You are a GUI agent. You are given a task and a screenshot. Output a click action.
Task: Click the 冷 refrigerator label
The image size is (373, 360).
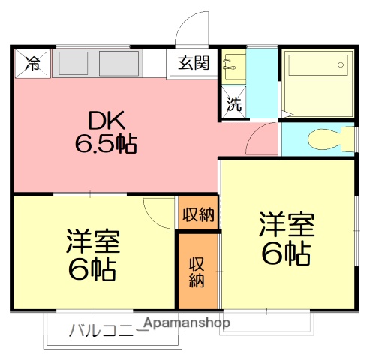point(32,64)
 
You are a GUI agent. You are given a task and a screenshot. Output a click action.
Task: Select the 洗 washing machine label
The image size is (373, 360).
point(234,104)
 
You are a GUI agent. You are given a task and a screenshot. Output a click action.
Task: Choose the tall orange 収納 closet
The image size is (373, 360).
point(197,271)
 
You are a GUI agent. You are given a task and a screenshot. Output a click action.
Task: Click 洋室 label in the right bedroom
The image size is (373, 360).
point(286,226)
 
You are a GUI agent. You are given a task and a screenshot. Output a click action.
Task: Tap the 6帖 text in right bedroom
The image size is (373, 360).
point(286,254)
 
